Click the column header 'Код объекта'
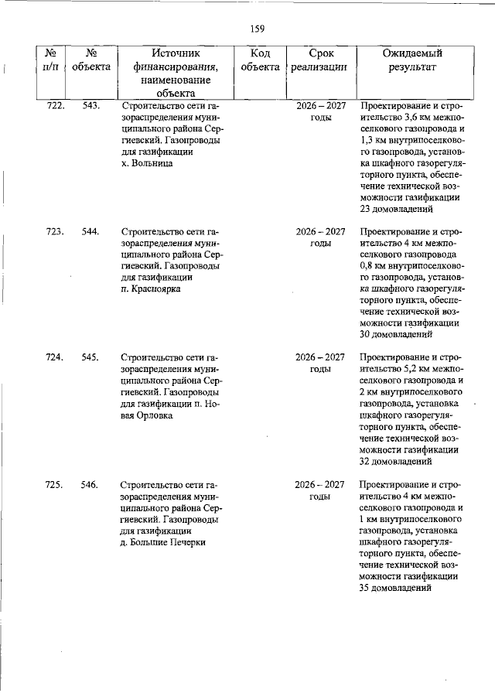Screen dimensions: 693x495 (260, 60)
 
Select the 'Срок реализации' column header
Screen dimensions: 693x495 (320, 60)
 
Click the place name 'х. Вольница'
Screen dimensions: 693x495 (147, 163)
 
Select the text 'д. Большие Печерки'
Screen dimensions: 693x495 (162, 541)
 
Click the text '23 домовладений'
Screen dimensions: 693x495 (396, 209)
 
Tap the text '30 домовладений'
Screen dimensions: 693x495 (396, 335)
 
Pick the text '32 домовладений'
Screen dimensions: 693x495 (396, 462)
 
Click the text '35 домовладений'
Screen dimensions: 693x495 (396, 588)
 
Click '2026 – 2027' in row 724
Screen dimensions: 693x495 (320, 357)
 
